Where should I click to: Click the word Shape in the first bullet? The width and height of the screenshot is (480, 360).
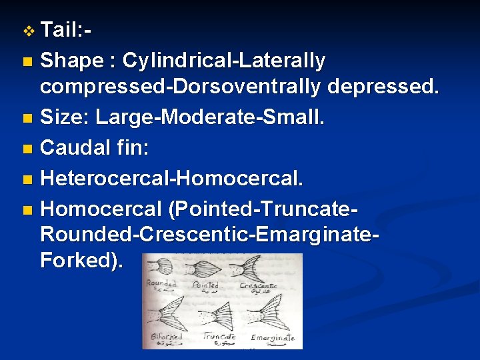(71, 61)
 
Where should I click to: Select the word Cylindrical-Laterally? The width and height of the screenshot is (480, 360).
(224, 61)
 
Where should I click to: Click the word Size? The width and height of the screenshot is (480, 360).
(63, 118)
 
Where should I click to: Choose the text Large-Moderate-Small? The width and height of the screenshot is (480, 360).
(210, 118)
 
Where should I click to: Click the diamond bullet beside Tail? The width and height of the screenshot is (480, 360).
(27, 31)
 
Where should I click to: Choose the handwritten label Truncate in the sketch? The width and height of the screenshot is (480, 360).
(219, 336)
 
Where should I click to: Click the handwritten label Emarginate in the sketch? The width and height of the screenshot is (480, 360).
(273, 337)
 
